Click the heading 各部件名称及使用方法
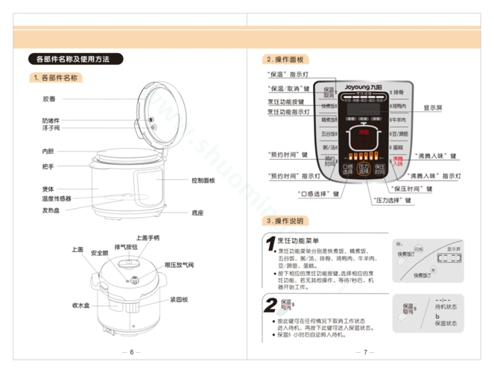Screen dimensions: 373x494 tap(72, 59)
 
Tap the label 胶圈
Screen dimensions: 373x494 tap(48, 98)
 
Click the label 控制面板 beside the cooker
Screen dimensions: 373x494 tap(203, 181)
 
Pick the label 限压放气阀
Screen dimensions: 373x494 tap(179, 265)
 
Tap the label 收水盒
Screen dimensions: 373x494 tap(81, 306)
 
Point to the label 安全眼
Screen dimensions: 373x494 tap(100, 254)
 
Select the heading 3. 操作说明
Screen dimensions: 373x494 tap(283, 222)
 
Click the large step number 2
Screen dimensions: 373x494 tap(272, 304)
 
